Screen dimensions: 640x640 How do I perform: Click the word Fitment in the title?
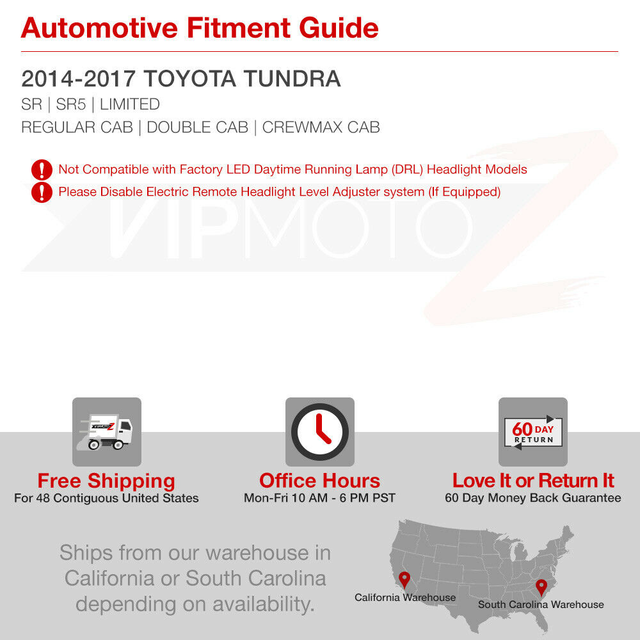coord(238,28)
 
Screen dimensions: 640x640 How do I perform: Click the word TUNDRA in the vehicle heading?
coord(292,79)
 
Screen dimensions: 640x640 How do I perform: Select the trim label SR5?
coord(70,104)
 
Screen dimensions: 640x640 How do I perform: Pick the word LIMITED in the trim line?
coord(130,104)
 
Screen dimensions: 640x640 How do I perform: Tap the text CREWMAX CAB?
coord(321,127)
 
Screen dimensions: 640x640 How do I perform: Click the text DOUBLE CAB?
coord(198,127)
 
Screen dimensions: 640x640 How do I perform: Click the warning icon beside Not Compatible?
coord(42,170)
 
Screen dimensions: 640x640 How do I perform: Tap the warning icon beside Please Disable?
coord(42,192)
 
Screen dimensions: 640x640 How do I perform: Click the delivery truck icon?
coord(107,432)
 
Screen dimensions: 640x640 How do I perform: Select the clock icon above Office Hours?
coord(320,432)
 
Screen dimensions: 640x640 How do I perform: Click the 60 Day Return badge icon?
coord(533,432)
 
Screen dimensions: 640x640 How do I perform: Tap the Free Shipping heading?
coord(106,481)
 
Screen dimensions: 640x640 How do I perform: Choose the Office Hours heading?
coord(319,481)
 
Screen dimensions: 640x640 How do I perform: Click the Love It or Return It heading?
coord(533,481)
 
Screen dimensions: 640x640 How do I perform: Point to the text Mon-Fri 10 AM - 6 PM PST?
coord(319,498)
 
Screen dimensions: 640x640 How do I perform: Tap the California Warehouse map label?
coord(405,598)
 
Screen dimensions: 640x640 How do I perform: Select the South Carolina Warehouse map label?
coord(541,605)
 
